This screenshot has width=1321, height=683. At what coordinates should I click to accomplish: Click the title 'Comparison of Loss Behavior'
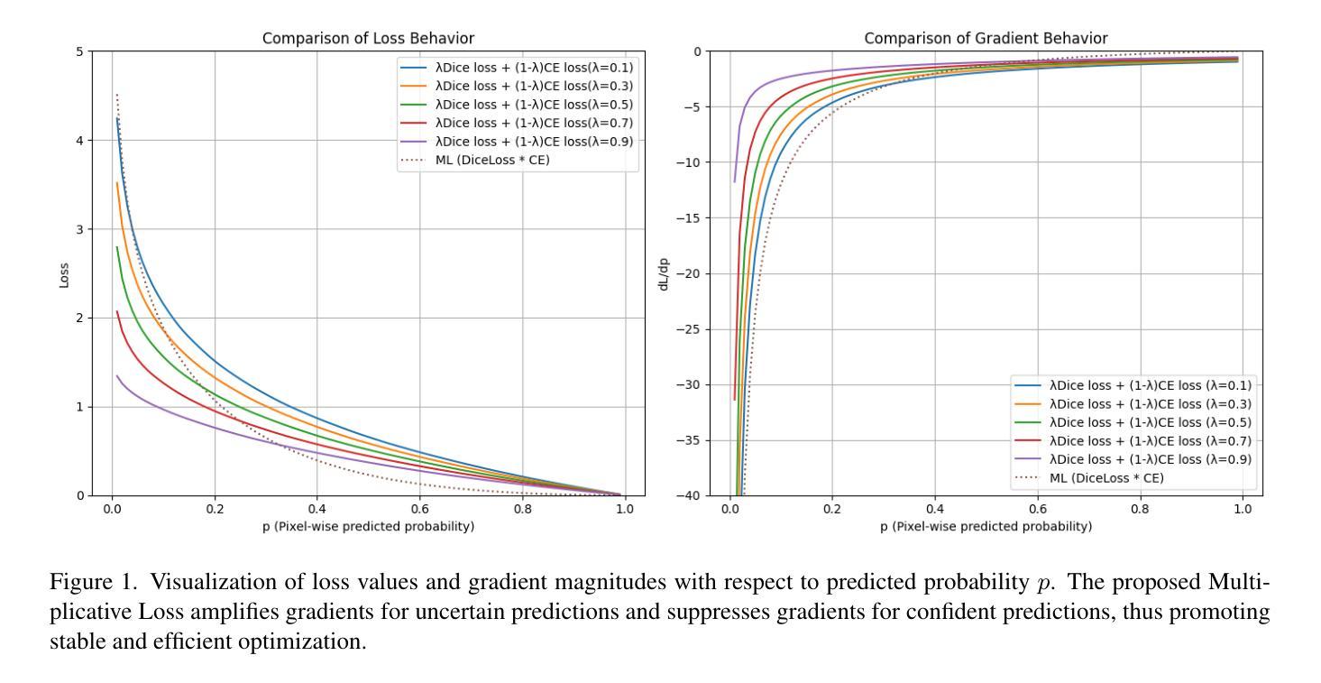368,38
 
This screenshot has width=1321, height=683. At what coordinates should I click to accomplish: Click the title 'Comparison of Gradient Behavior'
986,38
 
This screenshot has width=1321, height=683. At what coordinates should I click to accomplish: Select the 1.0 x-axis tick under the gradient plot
1242,511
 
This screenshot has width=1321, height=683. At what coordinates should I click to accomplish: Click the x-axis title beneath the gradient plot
986,527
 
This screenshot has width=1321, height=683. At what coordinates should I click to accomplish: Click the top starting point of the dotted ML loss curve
117,94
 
